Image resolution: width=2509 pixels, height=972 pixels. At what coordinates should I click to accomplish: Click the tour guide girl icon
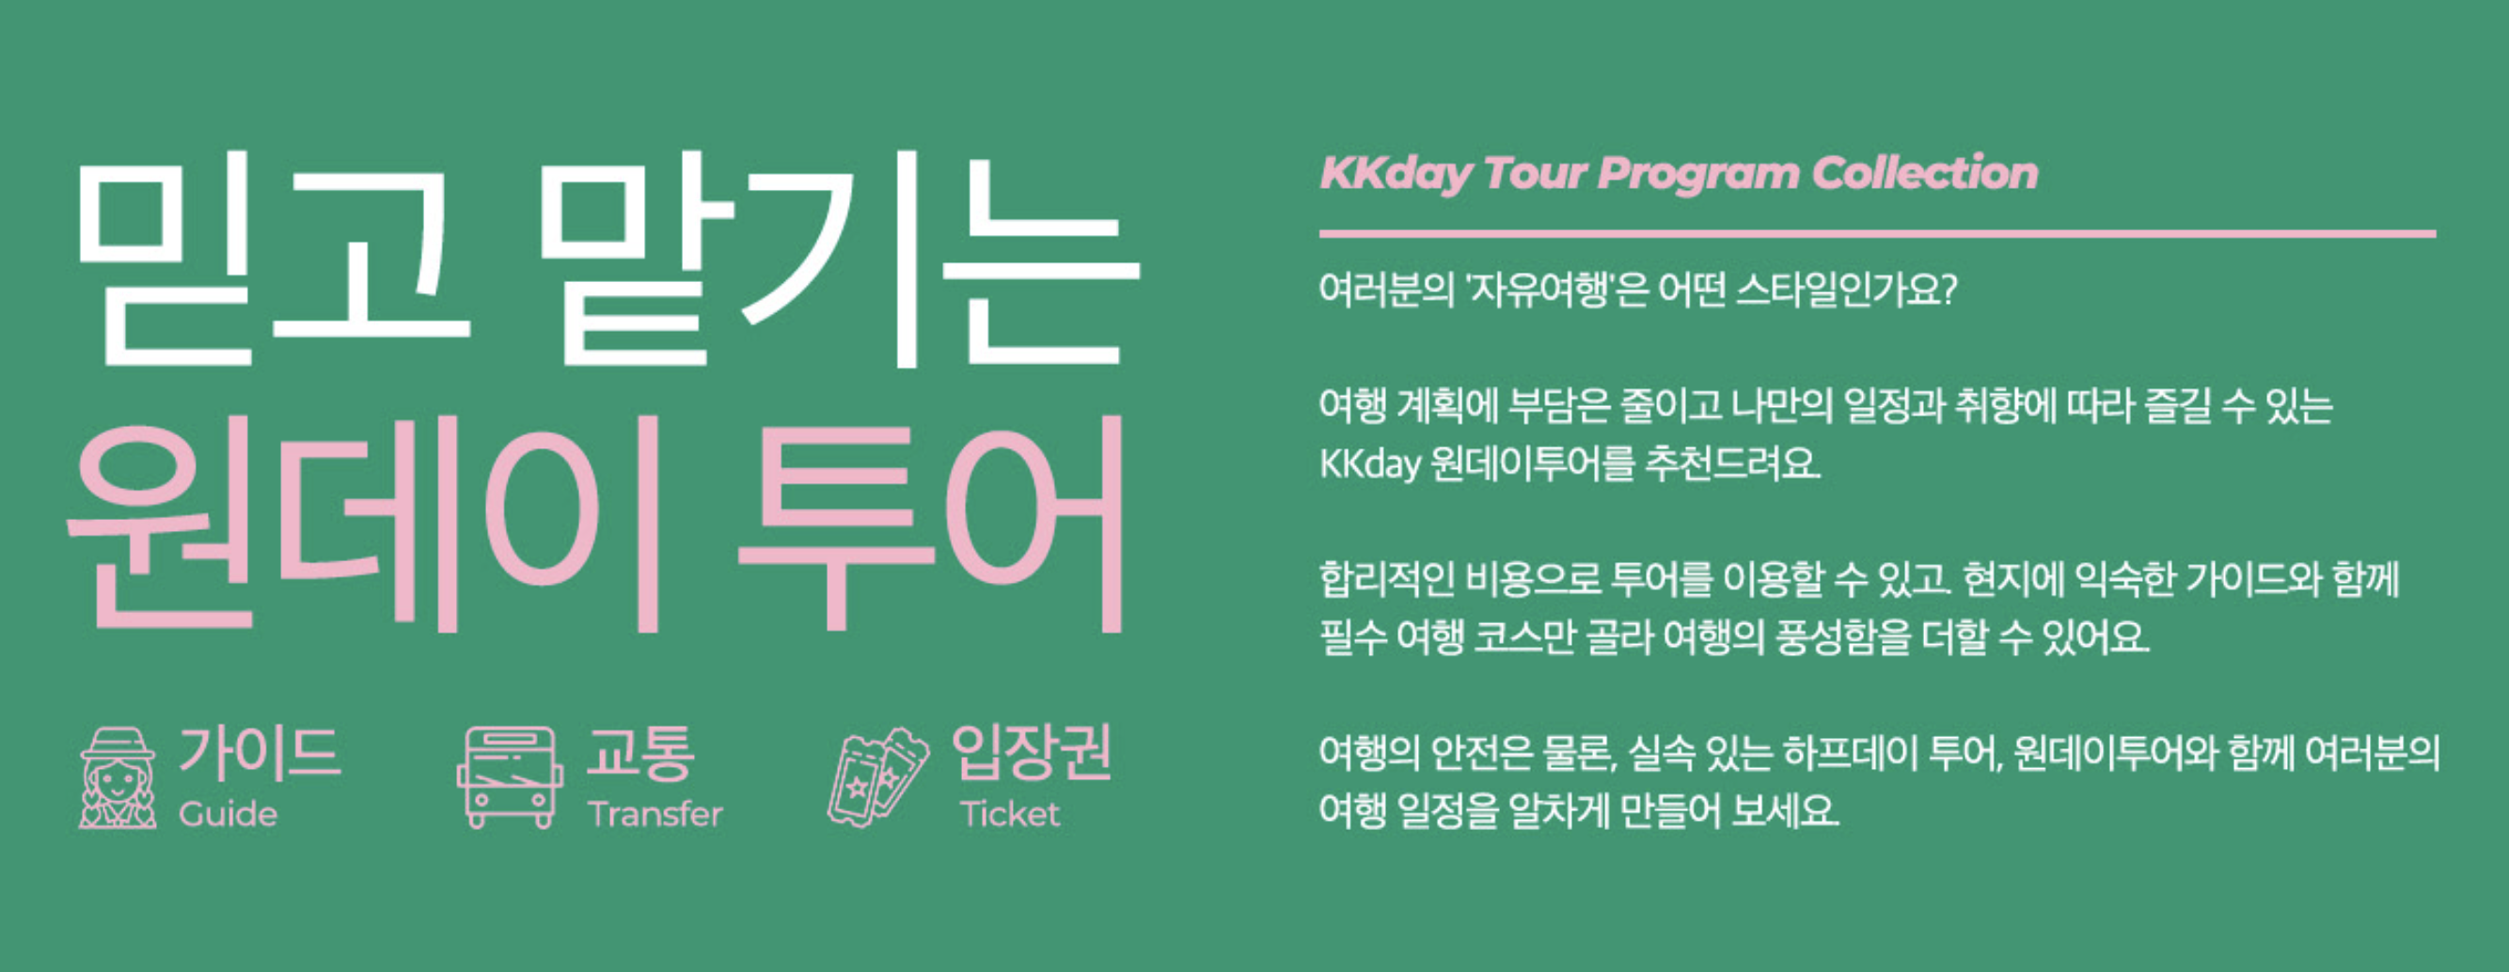[x=117, y=778]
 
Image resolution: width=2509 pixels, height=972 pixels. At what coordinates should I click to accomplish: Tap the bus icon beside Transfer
[x=510, y=777]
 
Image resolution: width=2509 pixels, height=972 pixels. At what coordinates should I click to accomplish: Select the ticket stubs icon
[x=876, y=778]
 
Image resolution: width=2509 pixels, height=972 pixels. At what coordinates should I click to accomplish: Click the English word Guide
[x=228, y=814]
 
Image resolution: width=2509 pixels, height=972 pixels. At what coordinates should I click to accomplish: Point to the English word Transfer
[x=655, y=814]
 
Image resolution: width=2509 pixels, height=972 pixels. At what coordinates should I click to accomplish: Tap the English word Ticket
[x=1009, y=814]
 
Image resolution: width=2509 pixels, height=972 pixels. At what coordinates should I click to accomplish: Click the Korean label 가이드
[x=260, y=754]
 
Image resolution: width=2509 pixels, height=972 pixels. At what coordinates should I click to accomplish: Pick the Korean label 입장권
[x=1032, y=752]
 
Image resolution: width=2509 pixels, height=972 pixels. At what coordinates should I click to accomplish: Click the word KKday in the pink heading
[x=1395, y=174]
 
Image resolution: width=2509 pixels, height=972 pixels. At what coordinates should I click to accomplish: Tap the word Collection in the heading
[x=1925, y=173]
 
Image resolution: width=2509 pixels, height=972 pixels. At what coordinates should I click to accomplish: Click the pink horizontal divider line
[x=1877, y=234]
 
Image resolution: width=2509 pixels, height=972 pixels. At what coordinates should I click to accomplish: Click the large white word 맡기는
[x=838, y=259]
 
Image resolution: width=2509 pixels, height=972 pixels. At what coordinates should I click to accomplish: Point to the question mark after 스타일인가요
[x=1947, y=290]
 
